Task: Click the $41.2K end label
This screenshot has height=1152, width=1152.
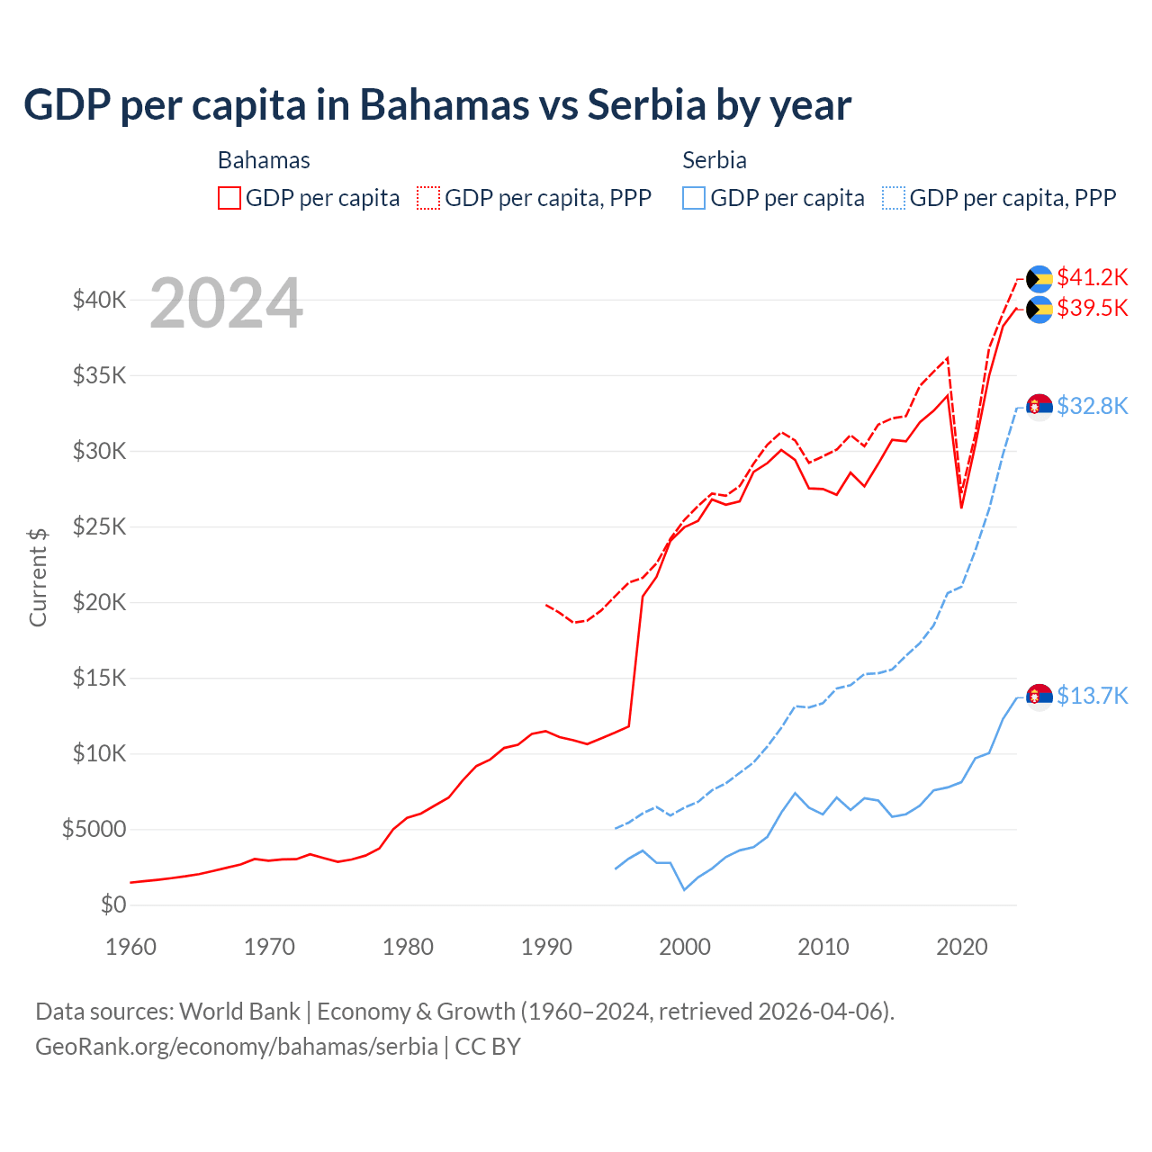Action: tap(1092, 277)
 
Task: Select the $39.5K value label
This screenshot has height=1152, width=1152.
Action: tap(1092, 309)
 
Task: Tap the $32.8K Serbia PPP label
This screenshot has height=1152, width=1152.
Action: tap(1092, 406)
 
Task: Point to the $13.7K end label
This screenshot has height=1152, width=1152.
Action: tap(1092, 696)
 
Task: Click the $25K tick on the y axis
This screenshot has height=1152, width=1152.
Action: tap(99, 526)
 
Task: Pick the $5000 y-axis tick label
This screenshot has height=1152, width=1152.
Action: tap(94, 829)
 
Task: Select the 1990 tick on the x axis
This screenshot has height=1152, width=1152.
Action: tap(546, 947)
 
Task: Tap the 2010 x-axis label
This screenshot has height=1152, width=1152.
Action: tap(823, 947)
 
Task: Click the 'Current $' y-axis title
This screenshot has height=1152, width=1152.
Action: tap(38, 577)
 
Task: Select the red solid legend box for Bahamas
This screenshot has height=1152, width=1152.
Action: tap(229, 198)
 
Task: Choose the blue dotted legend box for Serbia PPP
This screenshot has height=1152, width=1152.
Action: tap(894, 198)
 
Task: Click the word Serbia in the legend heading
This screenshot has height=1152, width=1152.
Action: tap(715, 160)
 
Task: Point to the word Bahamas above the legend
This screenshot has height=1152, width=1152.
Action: tap(264, 160)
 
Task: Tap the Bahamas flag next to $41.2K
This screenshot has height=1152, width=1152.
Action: tap(1039, 279)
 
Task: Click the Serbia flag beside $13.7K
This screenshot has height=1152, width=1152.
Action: tap(1039, 697)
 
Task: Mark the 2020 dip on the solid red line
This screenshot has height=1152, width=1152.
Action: tap(961, 508)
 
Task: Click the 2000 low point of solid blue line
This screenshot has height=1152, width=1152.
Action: tap(684, 890)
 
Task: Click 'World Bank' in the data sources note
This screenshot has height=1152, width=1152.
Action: tap(239, 1012)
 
